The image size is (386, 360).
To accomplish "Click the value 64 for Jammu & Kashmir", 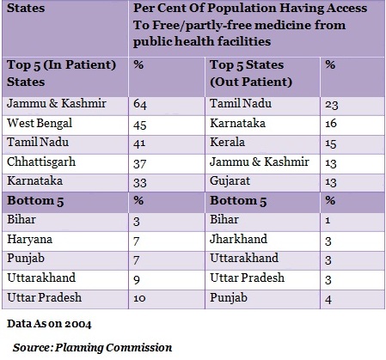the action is click(x=140, y=104).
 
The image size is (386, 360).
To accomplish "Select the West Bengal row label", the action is click(x=40, y=124).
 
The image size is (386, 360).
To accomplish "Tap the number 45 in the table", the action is click(x=140, y=125).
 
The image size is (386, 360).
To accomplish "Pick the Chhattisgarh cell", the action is click(x=41, y=162).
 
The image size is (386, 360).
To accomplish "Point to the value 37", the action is click(x=140, y=164).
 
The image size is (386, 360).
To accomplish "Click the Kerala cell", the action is click(x=227, y=142).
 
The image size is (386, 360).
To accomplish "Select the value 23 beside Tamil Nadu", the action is click(x=332, y=105).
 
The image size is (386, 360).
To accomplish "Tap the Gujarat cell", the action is click(x=230, y=181).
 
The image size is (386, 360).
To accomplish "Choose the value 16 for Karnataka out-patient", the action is click(x=331, y=124).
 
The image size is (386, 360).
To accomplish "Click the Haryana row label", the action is click(x=30, y=240).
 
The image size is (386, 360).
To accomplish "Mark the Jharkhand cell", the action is click(x=238, y=239).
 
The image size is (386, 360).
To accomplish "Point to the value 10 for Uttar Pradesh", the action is click(x=139, y=298).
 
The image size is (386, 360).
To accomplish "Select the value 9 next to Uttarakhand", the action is click(x=137, y=279).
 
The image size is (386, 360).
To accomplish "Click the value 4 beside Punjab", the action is click(x=328, y=300).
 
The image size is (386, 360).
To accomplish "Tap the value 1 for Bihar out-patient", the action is click(x=328, y=221).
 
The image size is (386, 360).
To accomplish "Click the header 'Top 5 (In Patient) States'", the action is click(x=61, y=73).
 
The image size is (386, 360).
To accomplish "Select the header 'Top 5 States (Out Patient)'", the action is click(x=251, y=73).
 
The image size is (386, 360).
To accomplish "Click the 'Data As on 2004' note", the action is click(x=49, y=324).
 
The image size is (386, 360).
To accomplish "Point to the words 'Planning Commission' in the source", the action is click(x=113, y=348).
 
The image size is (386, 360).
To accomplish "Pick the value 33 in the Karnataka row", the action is click(x=140, y=183).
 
